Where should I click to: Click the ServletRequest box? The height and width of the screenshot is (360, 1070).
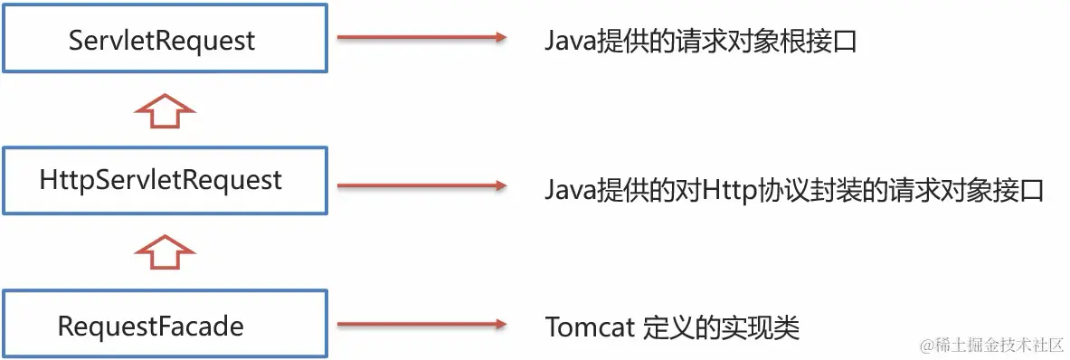(x=163, y=40)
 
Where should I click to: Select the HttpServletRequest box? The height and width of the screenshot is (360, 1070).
(x=163, y=181)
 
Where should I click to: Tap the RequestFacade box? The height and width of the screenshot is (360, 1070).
(x=163, y=325)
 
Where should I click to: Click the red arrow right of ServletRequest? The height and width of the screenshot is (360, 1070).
(x=420, y=38)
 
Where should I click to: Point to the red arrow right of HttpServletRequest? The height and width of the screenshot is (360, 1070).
(x=420, y=185)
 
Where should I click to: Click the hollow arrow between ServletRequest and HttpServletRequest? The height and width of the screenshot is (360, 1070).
(x=165, y=113)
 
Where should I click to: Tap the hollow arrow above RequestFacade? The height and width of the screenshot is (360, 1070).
(x=165, y=252)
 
